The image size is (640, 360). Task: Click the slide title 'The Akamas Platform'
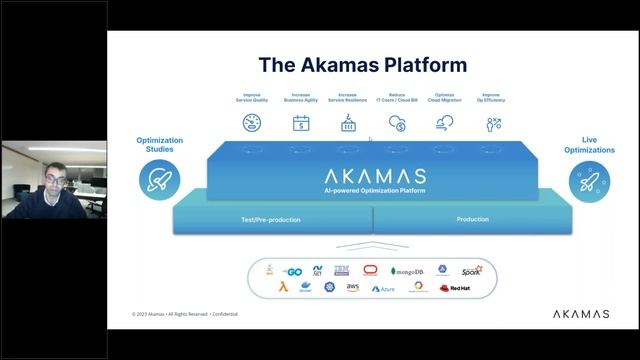362,65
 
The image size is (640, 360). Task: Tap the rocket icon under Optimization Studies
159,180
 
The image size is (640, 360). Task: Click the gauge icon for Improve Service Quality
252,123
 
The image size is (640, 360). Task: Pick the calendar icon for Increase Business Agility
300,123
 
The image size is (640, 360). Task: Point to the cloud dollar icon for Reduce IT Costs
396,123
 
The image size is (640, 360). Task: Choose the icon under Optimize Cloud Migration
444,123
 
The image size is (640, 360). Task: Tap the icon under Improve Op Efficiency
492,123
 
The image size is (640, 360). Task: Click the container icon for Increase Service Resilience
348,123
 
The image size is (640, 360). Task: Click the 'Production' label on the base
472,219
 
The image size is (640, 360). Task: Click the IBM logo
341,270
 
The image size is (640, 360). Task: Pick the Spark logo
471,270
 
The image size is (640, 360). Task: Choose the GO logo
293,271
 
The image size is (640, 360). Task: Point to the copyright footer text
185,314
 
